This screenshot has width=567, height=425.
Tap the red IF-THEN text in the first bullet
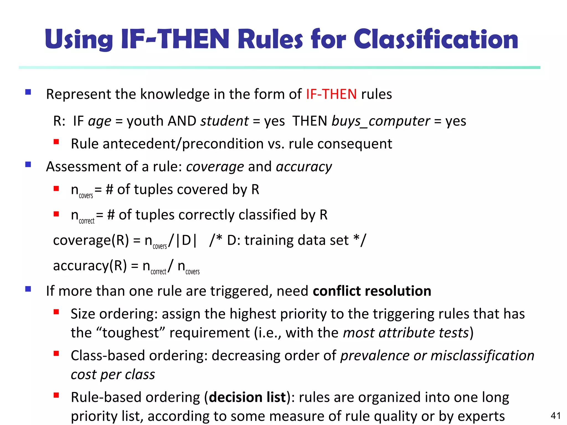(331, 94)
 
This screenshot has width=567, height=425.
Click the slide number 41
(556, 416)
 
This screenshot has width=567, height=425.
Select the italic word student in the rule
(225, 121)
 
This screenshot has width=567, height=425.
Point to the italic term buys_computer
(381, 121)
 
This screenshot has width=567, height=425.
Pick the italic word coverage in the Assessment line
(215, 167)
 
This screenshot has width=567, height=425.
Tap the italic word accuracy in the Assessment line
(304, 167)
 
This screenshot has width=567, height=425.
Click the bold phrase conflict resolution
(372, 291)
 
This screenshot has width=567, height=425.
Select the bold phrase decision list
(247, 397)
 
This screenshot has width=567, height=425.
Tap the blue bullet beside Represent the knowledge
(28, 92)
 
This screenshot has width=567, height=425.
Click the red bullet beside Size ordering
(56, 312)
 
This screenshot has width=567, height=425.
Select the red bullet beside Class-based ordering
(56, 354)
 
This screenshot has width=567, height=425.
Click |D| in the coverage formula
(186, 240)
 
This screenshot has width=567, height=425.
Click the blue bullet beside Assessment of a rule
(28, 165)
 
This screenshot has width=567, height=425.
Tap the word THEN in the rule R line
(310, 121)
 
